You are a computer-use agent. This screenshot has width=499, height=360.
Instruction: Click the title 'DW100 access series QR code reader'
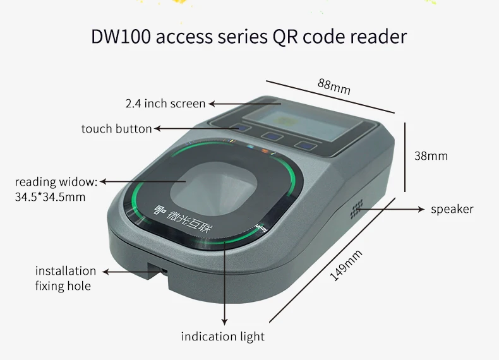click(249, 36)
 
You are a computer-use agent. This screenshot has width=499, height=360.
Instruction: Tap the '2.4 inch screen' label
click(165, 104)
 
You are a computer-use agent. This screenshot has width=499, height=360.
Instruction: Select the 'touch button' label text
click(116, 129)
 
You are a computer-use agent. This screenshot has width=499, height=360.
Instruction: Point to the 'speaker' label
click(452, 209)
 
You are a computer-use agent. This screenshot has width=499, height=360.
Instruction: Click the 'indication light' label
click(222, 336)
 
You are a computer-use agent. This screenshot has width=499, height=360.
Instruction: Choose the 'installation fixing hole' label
click(65, 279)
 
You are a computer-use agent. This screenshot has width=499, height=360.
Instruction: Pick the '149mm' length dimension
click(347, 265)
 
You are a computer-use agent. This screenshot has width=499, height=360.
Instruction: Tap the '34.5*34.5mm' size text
click(50, 197)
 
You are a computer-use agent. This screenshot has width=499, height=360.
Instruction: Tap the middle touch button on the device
click(274, 136)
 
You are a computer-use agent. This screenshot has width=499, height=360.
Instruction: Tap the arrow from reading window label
click(142, 182)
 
